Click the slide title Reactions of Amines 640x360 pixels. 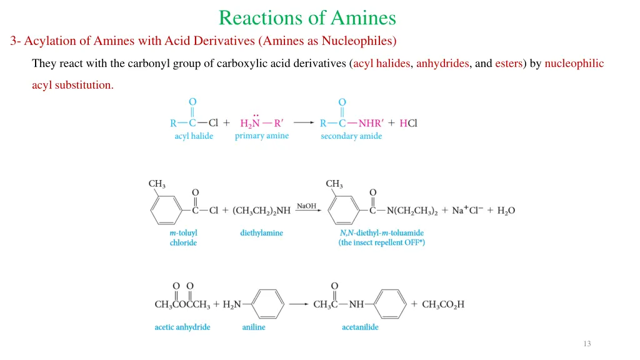coord(307,17)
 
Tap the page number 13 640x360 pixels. coord(586,344)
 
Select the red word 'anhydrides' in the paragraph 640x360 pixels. coord(442,63)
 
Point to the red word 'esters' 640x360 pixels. coord(509,63)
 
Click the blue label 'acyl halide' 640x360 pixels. coord(194,136)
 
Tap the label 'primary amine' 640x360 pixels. coord(262,136)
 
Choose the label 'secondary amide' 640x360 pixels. coord(351,136)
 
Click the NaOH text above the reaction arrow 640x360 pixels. coord(307,206)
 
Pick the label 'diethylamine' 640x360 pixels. coord(261,232)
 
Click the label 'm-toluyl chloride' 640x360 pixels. coord(183,237)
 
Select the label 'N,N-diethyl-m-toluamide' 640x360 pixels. coord(381,232)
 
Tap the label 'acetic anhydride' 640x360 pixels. coord(182,327)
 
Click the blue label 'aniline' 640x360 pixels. coord(254,327)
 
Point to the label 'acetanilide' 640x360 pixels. coord(360,327)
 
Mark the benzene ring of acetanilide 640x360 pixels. coord(392,304)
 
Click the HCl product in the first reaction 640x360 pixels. coord(408,123)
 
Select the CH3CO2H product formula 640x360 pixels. coord(443,304)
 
